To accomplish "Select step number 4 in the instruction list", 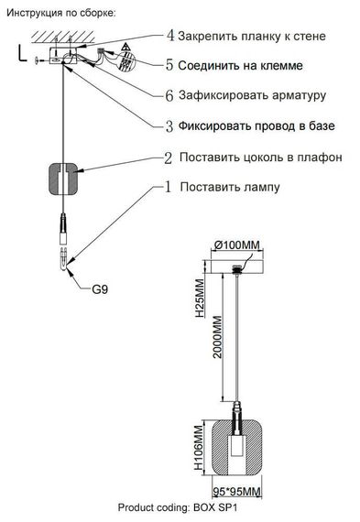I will click(x=169, y=36).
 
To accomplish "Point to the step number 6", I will click(x=169, y=95).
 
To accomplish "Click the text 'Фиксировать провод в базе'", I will click(x=257, y=125).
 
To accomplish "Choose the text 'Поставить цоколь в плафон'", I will click(x=260, y=157).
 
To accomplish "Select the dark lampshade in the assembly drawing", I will click(x=64, y=179).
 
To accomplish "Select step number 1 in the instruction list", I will click(x=169, y=187).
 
